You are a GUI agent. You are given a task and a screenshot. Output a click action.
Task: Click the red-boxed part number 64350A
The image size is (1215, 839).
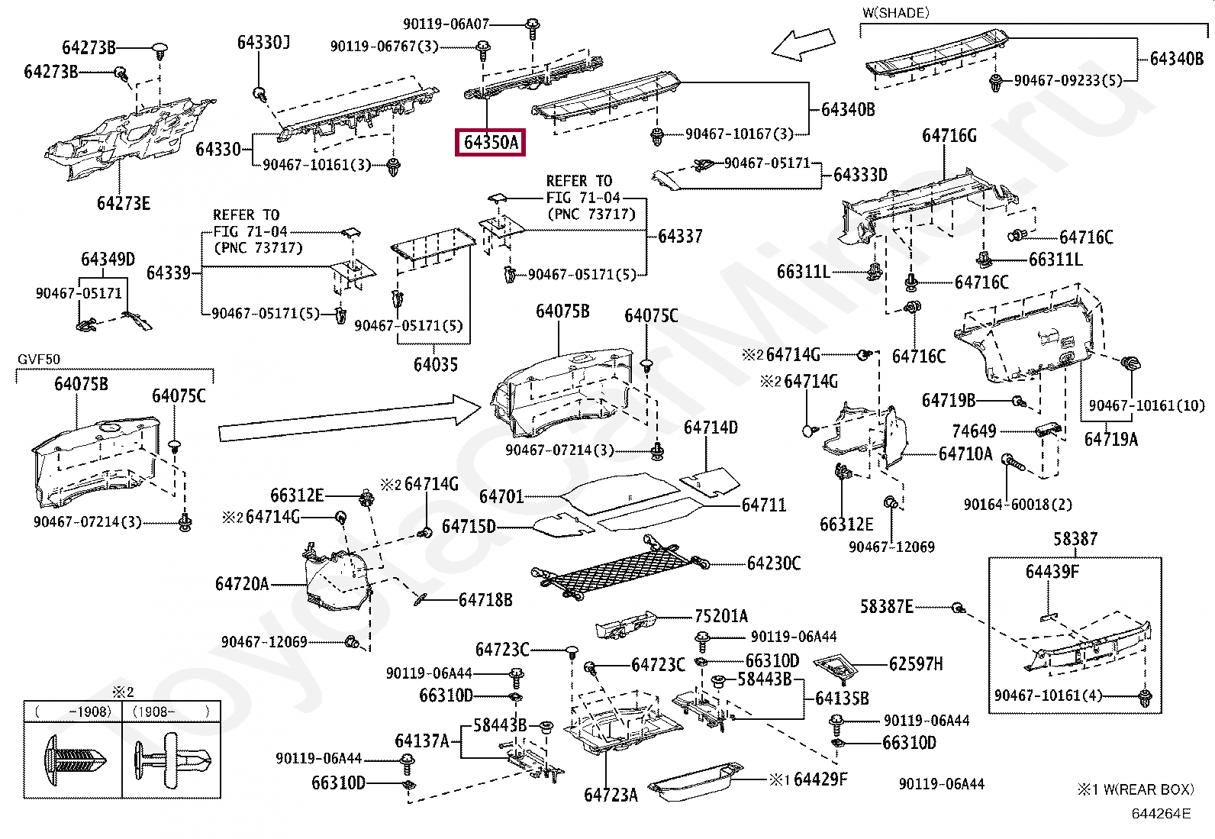[x=490, y=143]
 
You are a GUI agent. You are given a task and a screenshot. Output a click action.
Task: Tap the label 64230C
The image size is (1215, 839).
[x=773, y=563]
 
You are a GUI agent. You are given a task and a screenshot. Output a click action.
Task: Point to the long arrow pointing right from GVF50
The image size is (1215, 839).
[x=350, y=418]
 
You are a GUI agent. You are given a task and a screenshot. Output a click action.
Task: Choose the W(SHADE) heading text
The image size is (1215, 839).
[x=895, y=12]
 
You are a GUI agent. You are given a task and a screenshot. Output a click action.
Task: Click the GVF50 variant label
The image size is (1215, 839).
[x=39, y=360]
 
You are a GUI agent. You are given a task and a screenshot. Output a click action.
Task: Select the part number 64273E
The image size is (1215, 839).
[x=123, y=204]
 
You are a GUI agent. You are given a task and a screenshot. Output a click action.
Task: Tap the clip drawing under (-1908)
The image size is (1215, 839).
[x=74, y=760]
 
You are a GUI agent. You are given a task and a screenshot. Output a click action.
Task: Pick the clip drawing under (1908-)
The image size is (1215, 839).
[x=172, y=759]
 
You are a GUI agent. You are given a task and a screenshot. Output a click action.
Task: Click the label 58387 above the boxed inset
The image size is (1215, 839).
[x=1075, y=539]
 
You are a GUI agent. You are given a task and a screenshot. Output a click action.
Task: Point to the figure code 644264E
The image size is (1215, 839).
[x=1161, y=814]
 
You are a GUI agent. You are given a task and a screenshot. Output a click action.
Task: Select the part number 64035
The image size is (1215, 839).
[x=436, y=365]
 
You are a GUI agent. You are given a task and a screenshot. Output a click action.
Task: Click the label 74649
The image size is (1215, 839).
[x=974, y=431]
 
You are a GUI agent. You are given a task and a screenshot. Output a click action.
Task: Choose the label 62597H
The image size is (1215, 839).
[x=916, y=663]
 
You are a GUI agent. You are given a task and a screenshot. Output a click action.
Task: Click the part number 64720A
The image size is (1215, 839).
[x=242, y=584]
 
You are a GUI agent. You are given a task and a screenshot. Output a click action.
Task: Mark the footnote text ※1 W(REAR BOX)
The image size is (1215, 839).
[x=1136, y=789]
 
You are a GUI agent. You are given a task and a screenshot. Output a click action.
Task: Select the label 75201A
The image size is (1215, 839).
[x=721, y=616]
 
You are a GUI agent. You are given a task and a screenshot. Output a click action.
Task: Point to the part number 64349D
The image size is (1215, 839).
[x=108, y=260]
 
